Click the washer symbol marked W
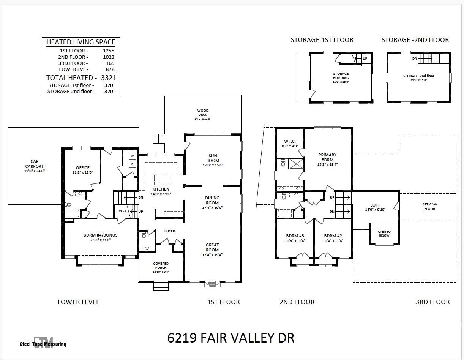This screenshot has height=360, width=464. [133, 156]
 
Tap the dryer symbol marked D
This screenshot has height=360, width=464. [133, 164]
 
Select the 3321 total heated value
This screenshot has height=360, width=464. [109, 78]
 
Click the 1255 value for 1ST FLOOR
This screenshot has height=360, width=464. [109, 51]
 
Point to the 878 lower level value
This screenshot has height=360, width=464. [110, 69]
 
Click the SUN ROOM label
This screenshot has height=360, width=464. [213, 158]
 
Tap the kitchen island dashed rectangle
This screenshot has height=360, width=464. [162, 180]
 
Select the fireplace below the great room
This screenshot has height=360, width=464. [212, 284]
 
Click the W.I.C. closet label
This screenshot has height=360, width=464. [290, 141]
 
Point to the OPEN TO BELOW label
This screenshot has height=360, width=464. [384, 234]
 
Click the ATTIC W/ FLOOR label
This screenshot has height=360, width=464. [429, 207]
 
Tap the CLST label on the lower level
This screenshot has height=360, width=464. [122, 211]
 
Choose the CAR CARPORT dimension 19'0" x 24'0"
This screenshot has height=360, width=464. [35, 171]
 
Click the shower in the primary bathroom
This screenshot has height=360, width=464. [295, 164]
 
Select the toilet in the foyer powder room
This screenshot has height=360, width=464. [144, 234]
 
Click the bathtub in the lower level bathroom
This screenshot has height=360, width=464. [73, 213]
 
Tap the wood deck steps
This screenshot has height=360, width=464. [158, 138]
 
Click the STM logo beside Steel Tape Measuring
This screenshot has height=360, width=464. [43, 343]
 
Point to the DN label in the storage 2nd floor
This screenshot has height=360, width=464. [415, 58]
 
